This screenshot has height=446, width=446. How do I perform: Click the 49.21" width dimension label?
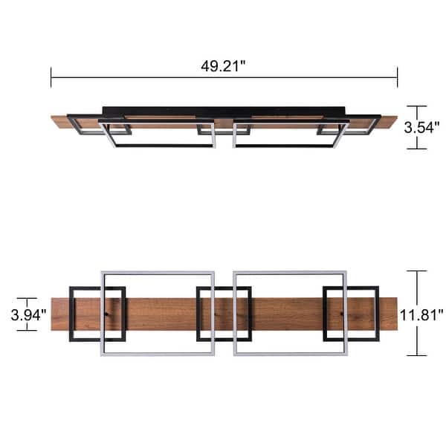(223, 66)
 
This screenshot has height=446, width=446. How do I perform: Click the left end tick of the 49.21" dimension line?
(51, 77)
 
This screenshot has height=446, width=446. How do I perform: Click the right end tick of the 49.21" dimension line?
(397, 77)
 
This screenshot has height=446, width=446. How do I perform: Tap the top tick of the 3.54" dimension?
(417, 106)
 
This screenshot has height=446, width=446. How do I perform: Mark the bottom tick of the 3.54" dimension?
(417, 148)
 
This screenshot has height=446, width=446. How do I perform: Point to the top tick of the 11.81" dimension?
(417, 271)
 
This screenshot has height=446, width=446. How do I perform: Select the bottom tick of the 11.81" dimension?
(417, 355)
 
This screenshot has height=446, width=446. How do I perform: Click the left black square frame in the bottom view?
(71, 313)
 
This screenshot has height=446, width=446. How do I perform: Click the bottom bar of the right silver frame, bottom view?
(290, 352)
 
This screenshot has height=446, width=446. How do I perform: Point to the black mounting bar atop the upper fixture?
(223, 111)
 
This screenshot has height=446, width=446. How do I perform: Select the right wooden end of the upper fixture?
(388, 121)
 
